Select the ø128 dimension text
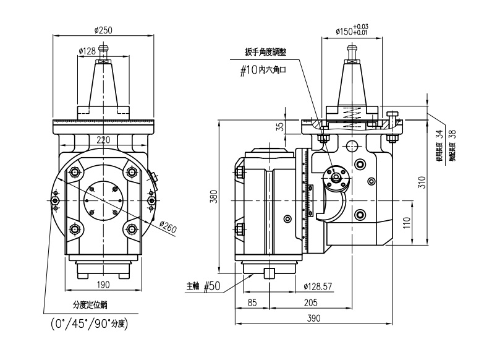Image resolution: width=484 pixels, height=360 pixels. (x=87, y=51)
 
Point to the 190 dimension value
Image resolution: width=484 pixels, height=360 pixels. (x=103, y=285)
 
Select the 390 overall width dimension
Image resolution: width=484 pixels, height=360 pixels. (x=313, y=318)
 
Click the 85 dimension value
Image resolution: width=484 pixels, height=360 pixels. (x=252, y=302)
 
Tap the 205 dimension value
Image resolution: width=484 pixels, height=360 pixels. (x=311, y=302)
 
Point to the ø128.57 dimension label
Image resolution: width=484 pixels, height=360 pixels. (x=319, y=286)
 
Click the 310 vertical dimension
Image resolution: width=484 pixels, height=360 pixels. (x=422, y=182)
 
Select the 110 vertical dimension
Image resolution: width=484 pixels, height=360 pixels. (x=406, y=222)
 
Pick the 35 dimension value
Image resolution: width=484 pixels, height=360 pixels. (x=280, y=126)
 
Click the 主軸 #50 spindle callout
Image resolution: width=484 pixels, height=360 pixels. (x=203, y=286)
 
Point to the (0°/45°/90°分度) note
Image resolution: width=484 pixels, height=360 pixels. (x=89, y=323)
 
